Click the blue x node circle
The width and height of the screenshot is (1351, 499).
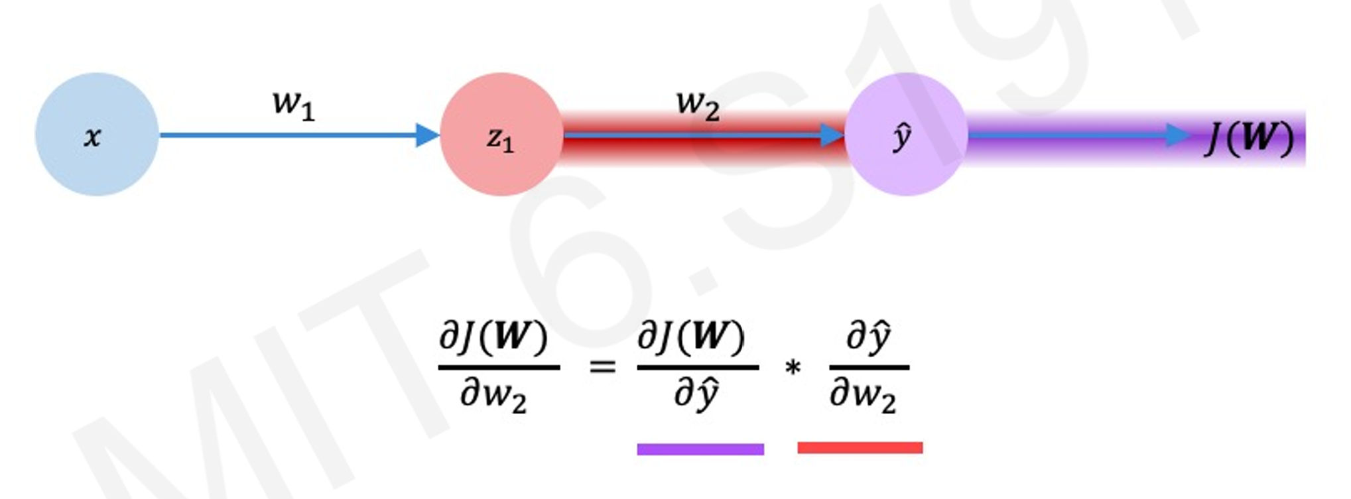pyautogui.click(x=97, y=135)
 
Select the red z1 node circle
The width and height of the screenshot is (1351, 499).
pyautogui.click(x=501, y=135)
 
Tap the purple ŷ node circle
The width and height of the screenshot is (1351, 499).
pyautogui.click(x=905, y=135)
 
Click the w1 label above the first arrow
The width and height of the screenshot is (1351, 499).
pyautogui.click(x=294, y=104)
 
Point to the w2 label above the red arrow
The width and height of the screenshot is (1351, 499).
pyautogui.click(x=698, y=104)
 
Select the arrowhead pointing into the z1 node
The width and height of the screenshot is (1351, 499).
pyautogui.click(x=426, y=135)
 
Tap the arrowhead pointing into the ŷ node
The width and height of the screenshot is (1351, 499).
pyautogui.click(x=831, y=135)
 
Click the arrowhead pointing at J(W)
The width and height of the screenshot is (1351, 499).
pyautogui.click(x=1178, y=135)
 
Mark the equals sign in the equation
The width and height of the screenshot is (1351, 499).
pyautogui.click(x=602, y=366)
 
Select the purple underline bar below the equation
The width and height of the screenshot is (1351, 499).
pyautogui.click(x=700, y=449)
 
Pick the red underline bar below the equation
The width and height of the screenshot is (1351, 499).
pyautogui.click(x=860, y=448)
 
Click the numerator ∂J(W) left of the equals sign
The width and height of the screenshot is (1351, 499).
pyautogui.click(x=493, y=337)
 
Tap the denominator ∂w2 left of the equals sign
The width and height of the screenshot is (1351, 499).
pyautogui.click(x=493, y=396)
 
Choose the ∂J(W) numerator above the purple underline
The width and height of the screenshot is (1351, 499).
pyautogui.click(x=691, y=337)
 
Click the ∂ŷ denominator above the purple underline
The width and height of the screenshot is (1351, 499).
pyautogui.click(x=696, y=396)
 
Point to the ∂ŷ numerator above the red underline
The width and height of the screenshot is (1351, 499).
pyautogui.click(x=868, y=337)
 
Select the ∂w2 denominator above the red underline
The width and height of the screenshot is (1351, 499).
pyautogui.click(x=863, y=396)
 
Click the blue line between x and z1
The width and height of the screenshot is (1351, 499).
pyautogui.click(x=285, y=135)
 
